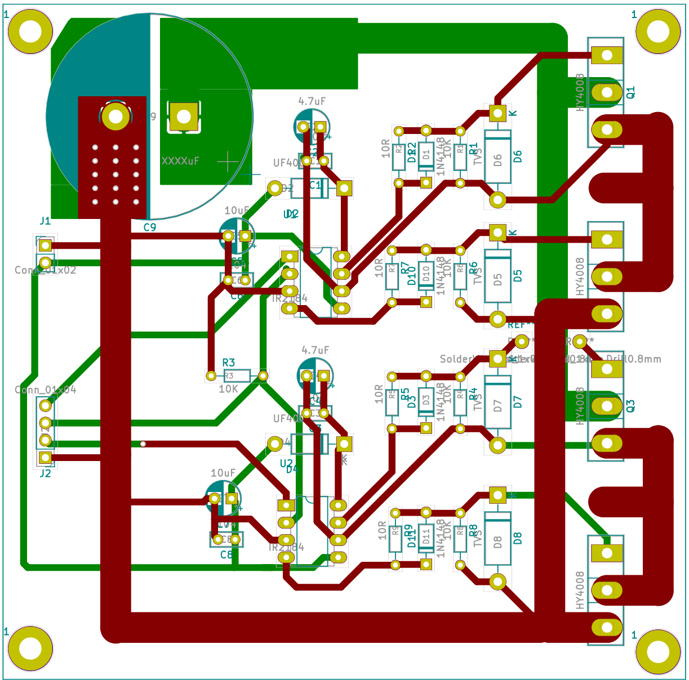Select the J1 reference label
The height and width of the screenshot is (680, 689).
(45, 221)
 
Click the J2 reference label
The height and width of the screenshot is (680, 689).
(45, 473)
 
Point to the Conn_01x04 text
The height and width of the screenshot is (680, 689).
(45, 390)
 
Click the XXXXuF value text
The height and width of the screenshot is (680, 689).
(180, 161)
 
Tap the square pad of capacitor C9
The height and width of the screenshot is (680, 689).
(184, 117)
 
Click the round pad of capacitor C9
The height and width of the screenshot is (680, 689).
(116, 117)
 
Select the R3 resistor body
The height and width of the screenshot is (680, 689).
(237, 375)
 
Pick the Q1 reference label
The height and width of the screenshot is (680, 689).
(631, 92)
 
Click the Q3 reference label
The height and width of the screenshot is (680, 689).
(631, 406)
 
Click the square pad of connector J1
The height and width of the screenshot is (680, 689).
(45, 245)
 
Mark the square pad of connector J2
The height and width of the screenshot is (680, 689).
(45, 458)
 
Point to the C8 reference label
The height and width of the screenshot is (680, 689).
(226, 554)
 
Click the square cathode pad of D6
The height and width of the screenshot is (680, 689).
(497, 113)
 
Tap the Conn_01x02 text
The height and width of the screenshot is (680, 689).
(45, 270)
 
